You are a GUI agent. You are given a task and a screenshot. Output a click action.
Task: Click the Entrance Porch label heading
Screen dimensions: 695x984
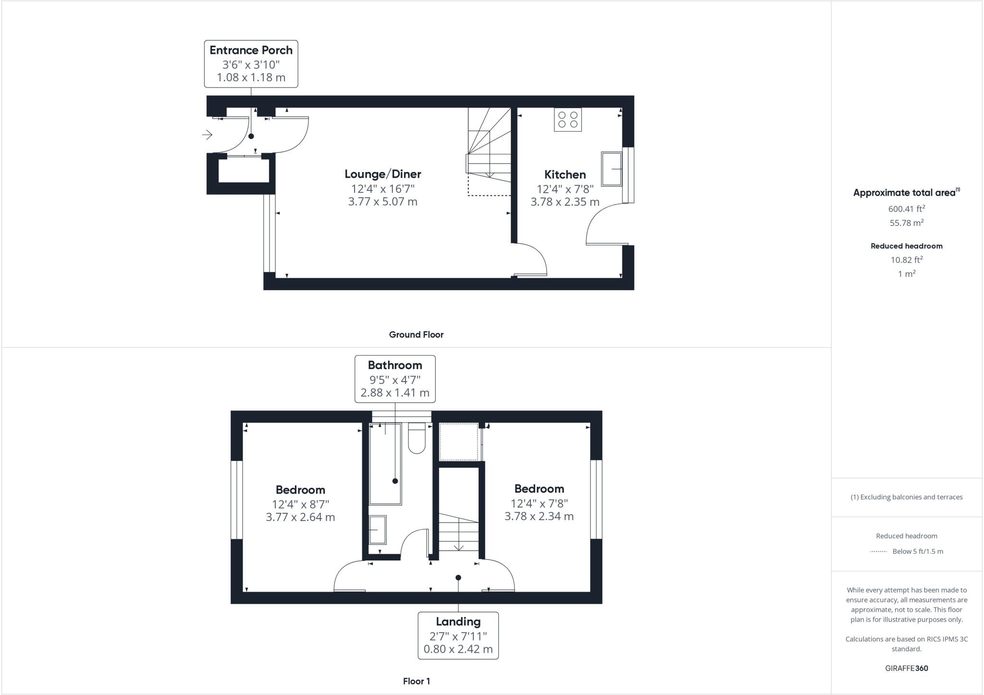tap(251, 50)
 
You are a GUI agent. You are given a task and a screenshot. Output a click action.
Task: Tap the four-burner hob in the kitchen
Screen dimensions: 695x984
tap(568, 120)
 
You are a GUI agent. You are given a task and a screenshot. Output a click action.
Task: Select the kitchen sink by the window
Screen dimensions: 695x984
tap(612, 169)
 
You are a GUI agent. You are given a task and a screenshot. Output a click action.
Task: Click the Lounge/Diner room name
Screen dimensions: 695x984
tap(382, 174)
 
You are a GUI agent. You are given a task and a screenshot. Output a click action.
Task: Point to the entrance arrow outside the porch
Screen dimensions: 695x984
tap(207, 135)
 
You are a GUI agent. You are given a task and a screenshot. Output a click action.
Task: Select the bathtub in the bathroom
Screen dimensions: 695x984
tap(385, 464)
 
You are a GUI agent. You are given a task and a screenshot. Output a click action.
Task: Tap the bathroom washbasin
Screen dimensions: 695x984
tap(377, 530)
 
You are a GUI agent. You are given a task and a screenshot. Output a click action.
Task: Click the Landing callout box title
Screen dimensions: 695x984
tap(458, 622)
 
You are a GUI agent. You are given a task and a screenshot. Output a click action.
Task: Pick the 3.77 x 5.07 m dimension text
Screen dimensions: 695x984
tap(382, 202)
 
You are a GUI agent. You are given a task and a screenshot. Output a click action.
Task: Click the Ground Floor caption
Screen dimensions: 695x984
tap(416, 335)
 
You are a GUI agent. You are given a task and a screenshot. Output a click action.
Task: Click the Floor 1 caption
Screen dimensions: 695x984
tap(416, 682)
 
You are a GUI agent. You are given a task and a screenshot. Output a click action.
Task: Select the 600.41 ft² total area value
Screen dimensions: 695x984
tap(906, 209)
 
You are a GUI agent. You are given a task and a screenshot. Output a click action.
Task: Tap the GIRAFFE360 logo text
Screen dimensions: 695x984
tap(906, 669)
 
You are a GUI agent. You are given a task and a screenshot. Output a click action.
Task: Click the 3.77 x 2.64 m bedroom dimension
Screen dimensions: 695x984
tap(300, 518)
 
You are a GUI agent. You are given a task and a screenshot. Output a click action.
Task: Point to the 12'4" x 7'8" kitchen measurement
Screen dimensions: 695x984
tap(565, 189)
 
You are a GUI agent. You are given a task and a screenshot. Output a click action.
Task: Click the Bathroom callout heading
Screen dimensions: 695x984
tap(395, 365)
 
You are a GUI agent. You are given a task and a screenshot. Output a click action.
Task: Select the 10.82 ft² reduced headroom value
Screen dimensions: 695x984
tap(906, 260)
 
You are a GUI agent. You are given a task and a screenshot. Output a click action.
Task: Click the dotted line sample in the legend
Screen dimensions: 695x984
tap(878, 552)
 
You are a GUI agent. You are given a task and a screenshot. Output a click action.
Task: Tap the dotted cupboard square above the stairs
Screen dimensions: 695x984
tap(459, 442)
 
